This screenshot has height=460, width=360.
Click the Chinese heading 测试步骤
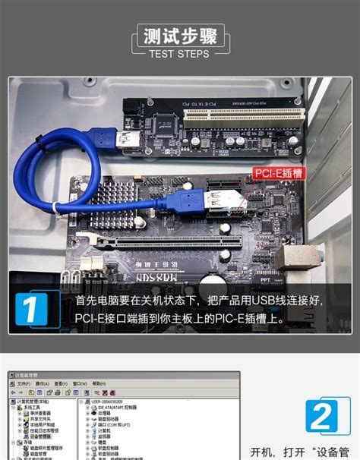[179, 36]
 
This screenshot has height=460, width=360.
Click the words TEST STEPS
[179, 55]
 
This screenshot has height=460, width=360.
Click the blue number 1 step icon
[32, 310]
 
